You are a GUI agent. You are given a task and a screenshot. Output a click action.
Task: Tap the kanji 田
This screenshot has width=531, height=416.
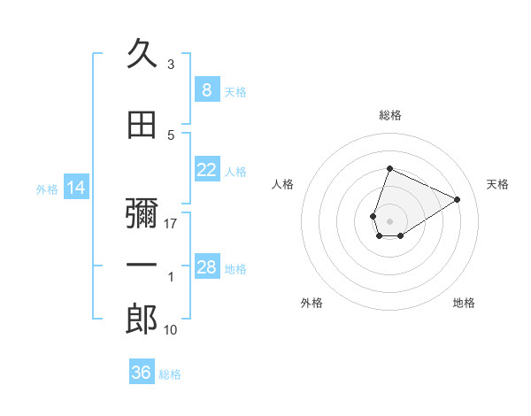point(142,126)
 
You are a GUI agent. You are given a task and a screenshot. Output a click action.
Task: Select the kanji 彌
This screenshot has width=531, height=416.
point(142,213)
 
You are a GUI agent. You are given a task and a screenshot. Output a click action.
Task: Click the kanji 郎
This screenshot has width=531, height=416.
point(142,320)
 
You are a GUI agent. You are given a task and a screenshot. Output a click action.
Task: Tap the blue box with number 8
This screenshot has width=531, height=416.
point(206,89)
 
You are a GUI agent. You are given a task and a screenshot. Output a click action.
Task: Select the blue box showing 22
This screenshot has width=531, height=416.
point(206,170)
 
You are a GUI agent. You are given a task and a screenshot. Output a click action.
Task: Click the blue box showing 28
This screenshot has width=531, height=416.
point(206,267)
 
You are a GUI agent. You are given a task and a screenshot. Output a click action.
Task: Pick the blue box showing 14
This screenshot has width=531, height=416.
point(76,188)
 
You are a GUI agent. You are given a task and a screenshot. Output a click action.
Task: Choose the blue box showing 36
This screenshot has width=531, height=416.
point(142,373)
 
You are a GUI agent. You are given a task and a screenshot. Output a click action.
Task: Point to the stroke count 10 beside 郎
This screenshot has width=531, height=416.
point(171,329)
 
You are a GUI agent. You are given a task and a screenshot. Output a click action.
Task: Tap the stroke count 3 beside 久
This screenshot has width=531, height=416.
point(171,65)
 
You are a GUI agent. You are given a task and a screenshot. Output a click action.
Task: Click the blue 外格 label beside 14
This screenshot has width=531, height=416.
point(46,189)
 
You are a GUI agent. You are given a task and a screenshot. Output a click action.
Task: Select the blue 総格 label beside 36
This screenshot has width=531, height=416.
point(170,374)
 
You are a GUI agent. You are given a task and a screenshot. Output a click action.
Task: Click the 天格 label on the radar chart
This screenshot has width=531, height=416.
point(497,184)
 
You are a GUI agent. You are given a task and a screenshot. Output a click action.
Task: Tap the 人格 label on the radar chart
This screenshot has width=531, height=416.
point(282,184)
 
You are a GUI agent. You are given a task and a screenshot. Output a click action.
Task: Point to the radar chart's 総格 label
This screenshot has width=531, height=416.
point(390,115)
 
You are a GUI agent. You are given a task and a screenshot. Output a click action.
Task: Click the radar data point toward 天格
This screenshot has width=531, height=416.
point(458,199)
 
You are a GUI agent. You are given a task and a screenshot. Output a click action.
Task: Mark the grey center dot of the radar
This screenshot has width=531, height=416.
point(389,220)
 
